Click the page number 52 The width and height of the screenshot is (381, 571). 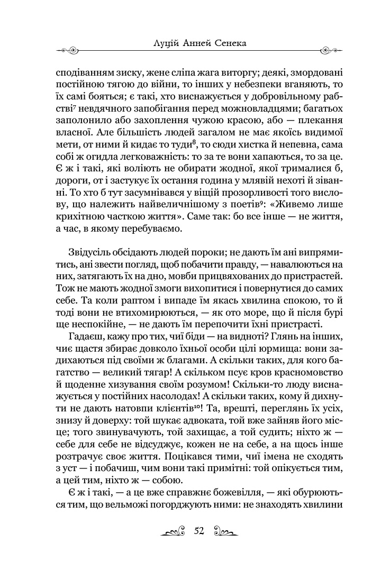(x=199, y=531)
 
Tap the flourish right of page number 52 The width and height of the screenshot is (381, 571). (x=224, y=532)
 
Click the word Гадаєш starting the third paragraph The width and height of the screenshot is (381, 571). (x=88, y=337)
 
